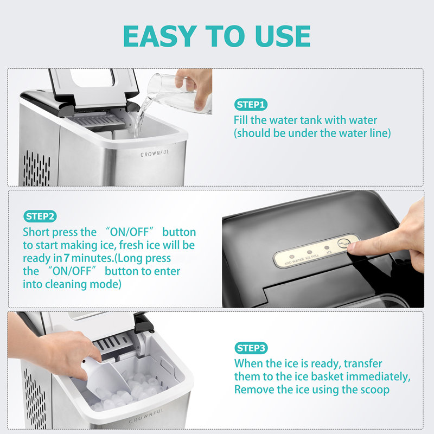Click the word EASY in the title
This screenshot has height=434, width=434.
pos(159,36)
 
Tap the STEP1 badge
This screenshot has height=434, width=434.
pos(251,105)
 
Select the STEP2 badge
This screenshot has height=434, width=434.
pos(40,216)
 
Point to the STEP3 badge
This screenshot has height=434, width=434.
pos(251,348)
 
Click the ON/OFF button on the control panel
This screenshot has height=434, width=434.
pos(344,243)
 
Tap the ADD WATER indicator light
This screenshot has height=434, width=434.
pos(291,257)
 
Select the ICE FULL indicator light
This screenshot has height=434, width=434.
pos(309,252)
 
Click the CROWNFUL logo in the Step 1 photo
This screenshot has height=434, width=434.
pos(155,154)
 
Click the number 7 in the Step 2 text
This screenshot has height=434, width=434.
pos(66,258)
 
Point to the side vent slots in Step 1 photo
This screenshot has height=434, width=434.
pos(36,169)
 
